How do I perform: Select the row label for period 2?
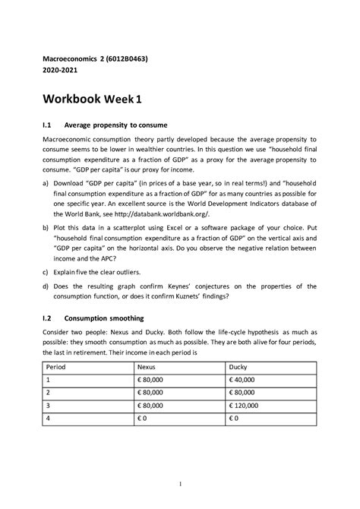[x=48, y=394]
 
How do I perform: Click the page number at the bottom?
[x=180, y=484]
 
